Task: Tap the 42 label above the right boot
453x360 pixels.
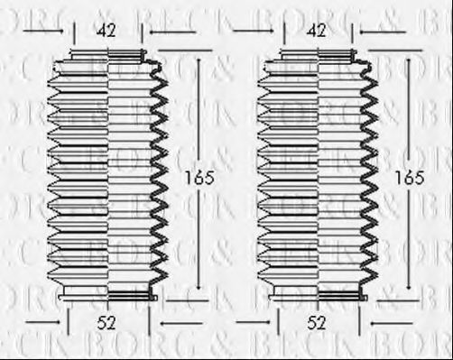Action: tap(317, 31)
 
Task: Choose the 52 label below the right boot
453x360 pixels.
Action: tap(317, 322)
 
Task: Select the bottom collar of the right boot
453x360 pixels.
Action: tap(317, 294)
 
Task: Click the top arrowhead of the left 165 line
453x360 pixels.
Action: tap(200, 60)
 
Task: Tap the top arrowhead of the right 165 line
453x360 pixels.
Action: tap(411, 60)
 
